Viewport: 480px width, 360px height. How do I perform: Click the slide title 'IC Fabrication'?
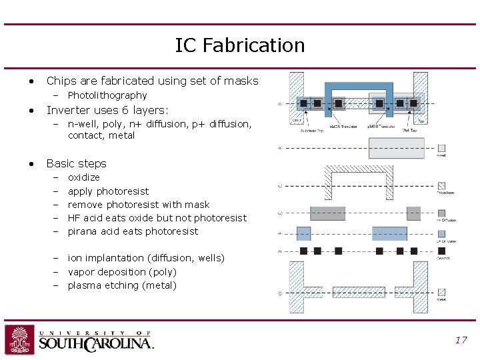[x=240, y=45]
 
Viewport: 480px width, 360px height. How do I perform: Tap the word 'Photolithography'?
[x=107, y=95]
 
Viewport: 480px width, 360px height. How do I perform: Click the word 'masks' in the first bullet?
[x=241, y=81]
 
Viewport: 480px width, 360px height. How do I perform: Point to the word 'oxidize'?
[x=84, y=177]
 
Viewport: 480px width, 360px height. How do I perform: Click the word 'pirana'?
[x=83, y=231]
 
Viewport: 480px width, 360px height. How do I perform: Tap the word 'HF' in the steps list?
[x=74, y=218]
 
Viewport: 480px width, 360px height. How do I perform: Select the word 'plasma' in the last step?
[x=84, y=285]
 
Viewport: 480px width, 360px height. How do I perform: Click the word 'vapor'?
[x=82, y=272]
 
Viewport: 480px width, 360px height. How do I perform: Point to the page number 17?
[x=461, y=340]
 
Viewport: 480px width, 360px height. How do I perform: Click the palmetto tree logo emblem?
[x=19, y=340]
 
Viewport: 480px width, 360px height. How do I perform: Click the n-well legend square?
[x=441, y=148]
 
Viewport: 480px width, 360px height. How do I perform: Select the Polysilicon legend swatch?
[x=441, y=186]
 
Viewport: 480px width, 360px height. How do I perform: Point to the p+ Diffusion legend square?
[x=441, y=233]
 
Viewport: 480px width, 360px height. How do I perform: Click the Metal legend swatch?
[x=441, y=292]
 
